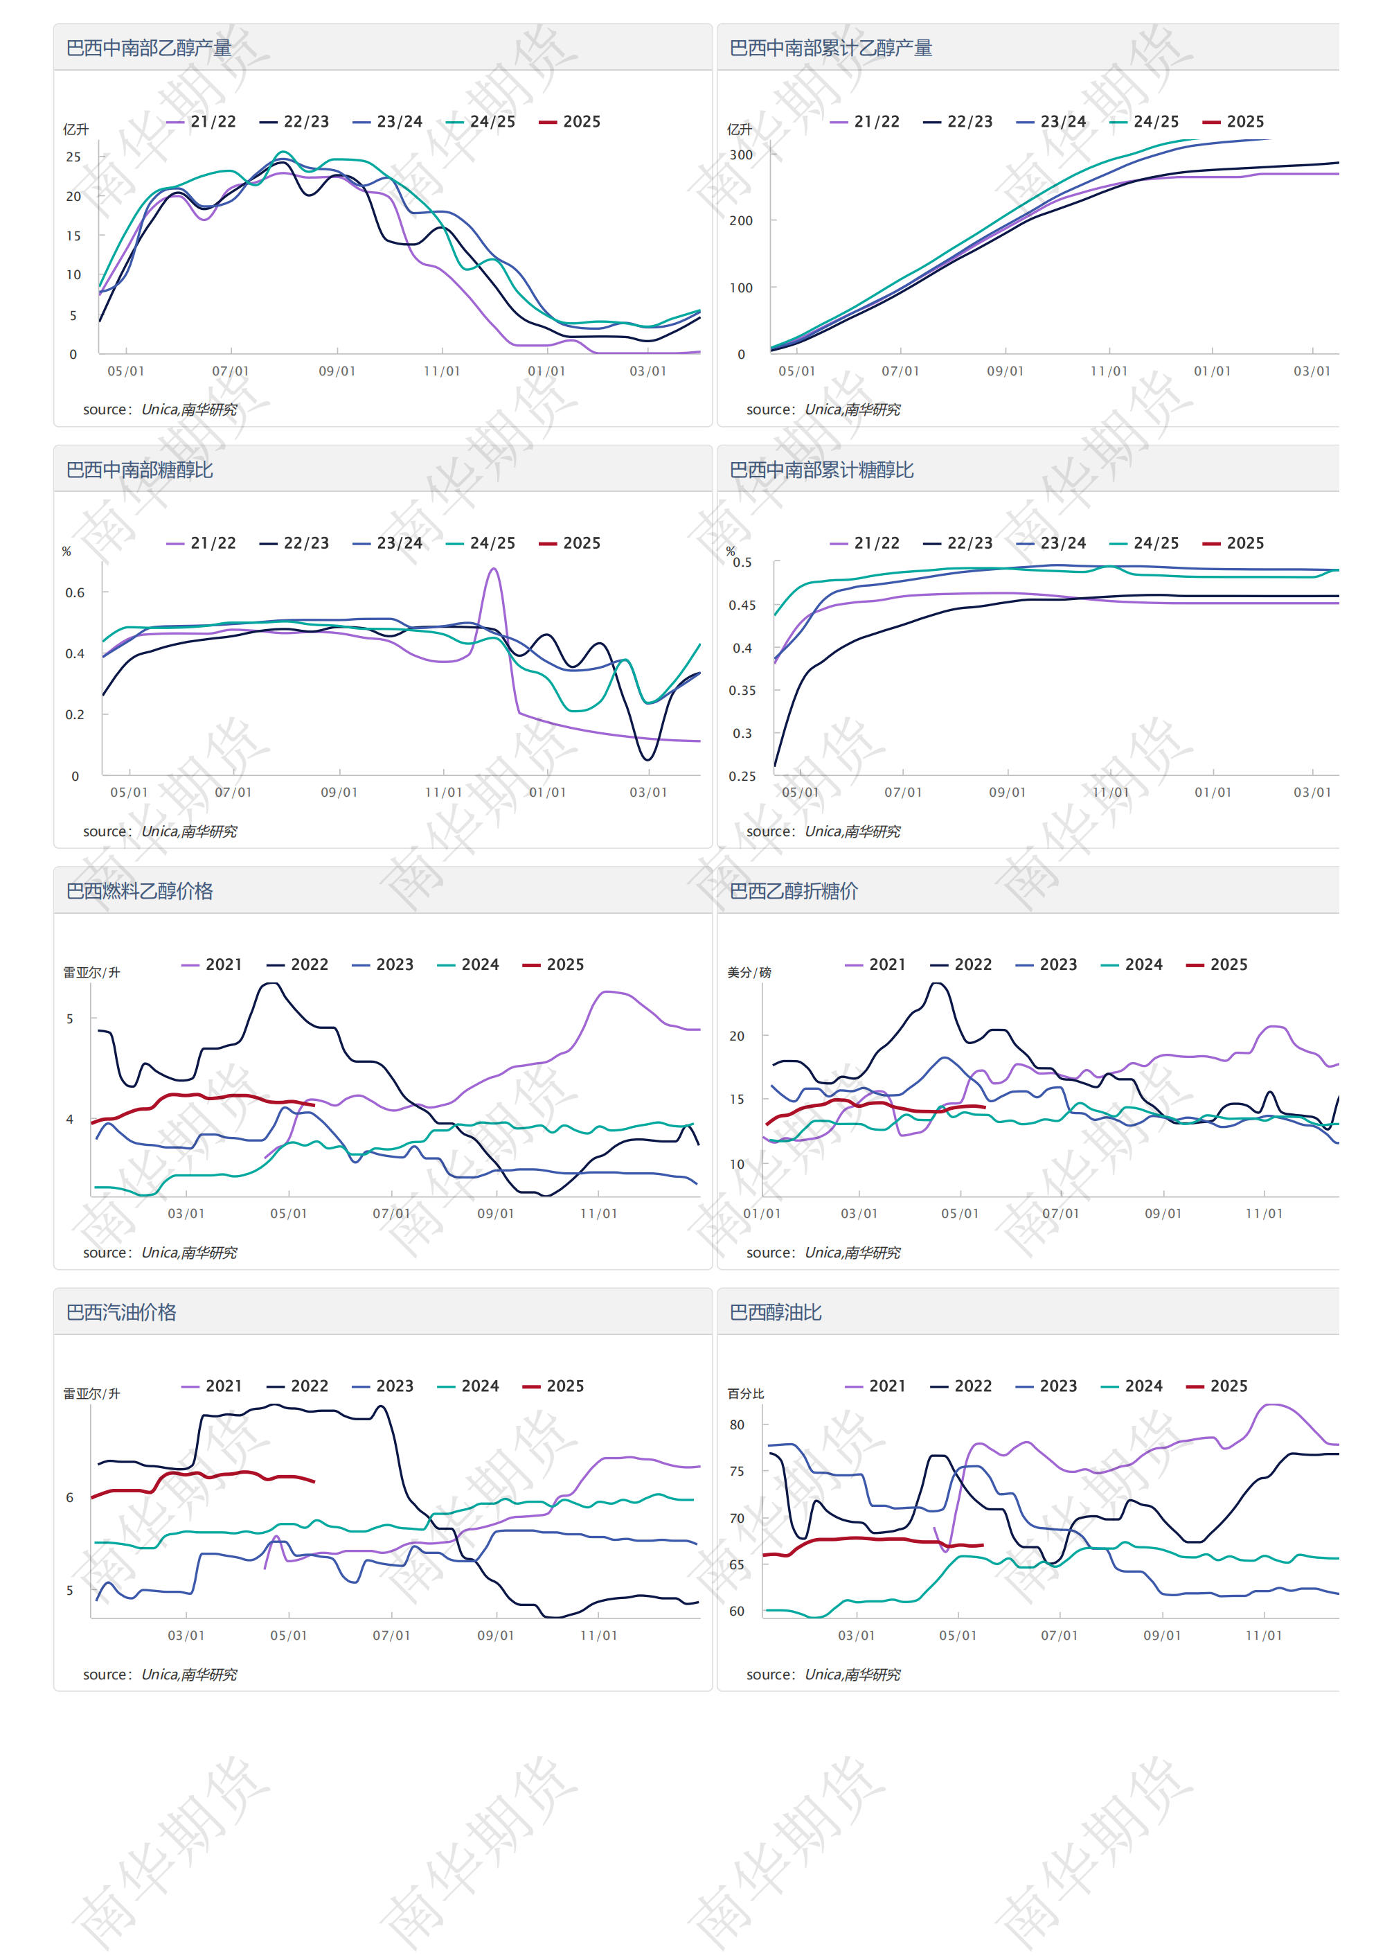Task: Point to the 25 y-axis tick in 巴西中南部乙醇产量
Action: pyautogui.click(x=73, y=157)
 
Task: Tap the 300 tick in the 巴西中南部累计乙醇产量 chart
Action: pyautogui.click(x=741, y=155)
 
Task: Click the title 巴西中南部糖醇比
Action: pyautogui.click(x=139, y=470)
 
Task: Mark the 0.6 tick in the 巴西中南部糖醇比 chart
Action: pyautogui.click(x=75, y=592)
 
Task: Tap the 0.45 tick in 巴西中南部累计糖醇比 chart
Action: pyautogui.click(x=742, y=606)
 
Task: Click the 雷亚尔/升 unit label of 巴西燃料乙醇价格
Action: pyautogui.click(x=91, y=972)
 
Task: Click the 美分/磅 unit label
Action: pyautogui.click(x=749, y=972)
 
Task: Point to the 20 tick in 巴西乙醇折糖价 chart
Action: pyautogui.click(x=736, y=1036)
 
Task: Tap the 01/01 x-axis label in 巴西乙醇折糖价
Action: pyautogui.click(x=761, y=1214)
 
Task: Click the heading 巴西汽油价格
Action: pyautogui.click(x=121, y=1312)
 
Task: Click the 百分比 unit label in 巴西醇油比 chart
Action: pyautogui.click(x=745, y=1394)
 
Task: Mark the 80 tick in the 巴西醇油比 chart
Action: pyautogui.click(x=736, y=1424)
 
